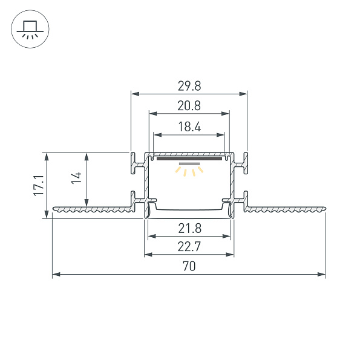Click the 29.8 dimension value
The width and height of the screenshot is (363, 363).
(189, 87)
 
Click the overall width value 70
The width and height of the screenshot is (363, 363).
(189, 266)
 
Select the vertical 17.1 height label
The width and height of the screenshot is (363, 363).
(38, 185)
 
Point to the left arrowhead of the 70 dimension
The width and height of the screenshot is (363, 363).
(56, 275)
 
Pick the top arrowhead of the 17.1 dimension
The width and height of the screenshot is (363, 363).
(47, 155)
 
